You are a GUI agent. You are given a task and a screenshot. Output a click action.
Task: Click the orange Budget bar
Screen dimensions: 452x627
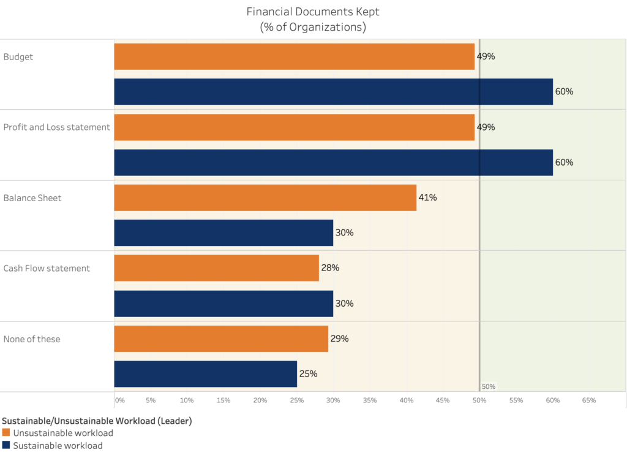pos(294,56)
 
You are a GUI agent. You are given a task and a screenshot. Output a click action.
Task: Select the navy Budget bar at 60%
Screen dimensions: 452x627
pos(333,91)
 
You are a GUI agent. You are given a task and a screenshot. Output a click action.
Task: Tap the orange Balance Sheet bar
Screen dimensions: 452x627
pos(265,197)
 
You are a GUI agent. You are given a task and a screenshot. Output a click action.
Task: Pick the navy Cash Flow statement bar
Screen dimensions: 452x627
pos(223,304)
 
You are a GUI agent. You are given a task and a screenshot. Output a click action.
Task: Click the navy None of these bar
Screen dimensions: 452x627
pos(205,374)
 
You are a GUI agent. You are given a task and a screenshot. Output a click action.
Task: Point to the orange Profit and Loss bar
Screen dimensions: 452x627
pos(294,127)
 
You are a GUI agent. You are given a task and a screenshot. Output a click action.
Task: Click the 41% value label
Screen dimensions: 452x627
pos(428,197)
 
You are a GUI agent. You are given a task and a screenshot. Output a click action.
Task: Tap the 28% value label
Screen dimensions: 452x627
pos(330,268)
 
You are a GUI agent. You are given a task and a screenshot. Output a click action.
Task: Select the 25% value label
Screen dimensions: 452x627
pos(308,374)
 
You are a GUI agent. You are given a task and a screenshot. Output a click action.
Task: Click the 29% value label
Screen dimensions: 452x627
pos(339,339)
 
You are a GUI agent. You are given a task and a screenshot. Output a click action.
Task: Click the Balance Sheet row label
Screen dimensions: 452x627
pos(32,198)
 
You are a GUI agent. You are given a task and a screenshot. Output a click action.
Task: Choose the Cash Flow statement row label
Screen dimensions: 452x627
pos(47,269)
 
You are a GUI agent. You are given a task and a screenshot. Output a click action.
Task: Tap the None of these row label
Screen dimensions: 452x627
pos(32,339)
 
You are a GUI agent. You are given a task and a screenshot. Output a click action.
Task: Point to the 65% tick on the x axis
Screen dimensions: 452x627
pos(588,400)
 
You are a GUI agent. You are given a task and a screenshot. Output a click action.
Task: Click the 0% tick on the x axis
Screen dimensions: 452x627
pos(120,400)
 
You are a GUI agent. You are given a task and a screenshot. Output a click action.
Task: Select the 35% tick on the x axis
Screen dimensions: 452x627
pos(369,400)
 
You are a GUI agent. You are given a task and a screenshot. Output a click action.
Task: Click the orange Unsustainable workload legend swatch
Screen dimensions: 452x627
pos(6,433)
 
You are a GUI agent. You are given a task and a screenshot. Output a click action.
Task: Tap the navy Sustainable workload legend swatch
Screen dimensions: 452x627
pos(6,445)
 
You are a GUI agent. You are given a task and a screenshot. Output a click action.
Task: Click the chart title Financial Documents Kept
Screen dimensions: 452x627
pos(313,12)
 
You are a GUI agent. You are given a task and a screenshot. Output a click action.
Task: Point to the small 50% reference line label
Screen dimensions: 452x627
pos(489,387)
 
